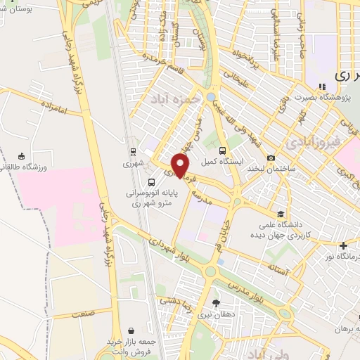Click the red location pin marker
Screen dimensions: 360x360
[x=182, y=165]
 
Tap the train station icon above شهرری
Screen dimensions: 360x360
[x=132, y=151]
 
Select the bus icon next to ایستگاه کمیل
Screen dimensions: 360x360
[x=223, y=150]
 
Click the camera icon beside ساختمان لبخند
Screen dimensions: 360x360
[x=271, y=157]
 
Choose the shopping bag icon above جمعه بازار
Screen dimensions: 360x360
[x=131, y=330]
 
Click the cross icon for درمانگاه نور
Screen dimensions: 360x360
[x=342, y=246]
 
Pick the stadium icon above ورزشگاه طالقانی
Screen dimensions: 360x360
[x=22, y=156]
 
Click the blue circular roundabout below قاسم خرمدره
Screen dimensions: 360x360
[x=212, y=96]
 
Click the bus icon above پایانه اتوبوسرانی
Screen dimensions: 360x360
[x=153, y=181]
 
